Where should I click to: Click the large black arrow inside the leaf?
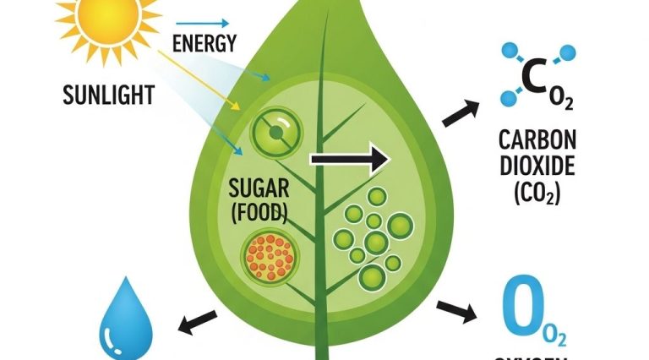coord(348,159)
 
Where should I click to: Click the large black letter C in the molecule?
coord(535,77)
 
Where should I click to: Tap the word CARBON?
coord(532,139)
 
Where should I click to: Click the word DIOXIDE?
coord(531,166)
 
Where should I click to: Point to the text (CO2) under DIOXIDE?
coord(531,194)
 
